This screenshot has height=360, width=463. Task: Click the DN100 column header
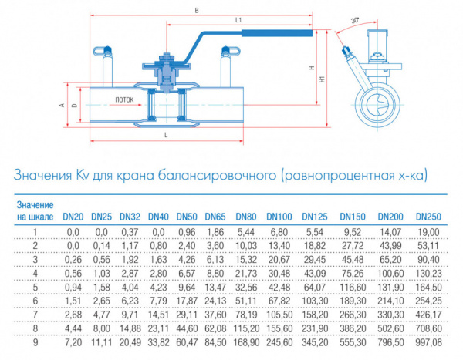(279, 217)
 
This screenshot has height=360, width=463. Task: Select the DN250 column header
(428, 217)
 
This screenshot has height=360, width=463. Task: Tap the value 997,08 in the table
(428, 342)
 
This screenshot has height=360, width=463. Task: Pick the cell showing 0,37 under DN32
(130, 232)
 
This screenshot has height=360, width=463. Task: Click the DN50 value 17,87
(187, 301)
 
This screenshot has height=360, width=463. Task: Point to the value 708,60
(428, 328)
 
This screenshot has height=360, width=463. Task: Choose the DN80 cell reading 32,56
(246, 287)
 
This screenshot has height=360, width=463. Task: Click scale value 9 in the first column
(35, 342)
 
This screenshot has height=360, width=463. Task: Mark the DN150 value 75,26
(353, 274)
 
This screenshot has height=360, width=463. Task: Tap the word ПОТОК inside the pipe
(124, 99)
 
